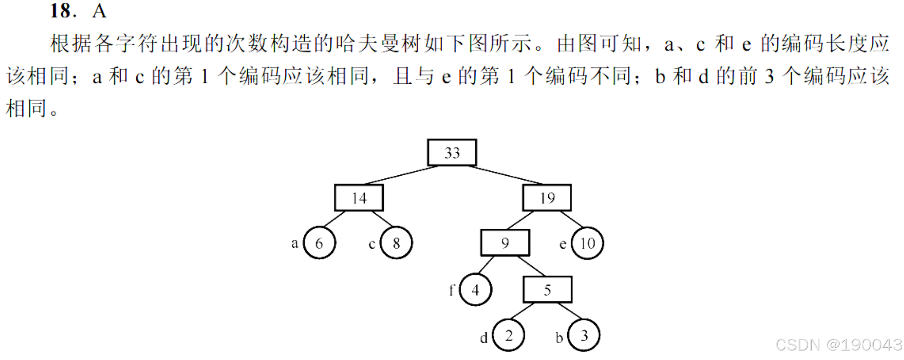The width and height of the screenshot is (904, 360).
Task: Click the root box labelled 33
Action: [452, 153]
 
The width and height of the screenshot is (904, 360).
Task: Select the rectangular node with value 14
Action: [359, 198]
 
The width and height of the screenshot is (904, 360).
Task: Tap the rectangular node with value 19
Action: [547, 198]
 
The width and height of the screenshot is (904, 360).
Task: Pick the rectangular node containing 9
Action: [505, 243]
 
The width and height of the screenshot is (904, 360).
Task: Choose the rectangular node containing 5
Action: [547, 290]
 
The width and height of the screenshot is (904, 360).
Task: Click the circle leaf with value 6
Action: [319, 243]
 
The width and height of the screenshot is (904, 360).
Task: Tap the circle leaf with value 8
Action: [396, 243]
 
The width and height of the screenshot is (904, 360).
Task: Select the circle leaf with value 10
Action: [587, 243]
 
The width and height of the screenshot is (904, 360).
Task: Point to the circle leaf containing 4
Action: [475, 290]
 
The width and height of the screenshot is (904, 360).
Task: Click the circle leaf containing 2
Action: [508, 336]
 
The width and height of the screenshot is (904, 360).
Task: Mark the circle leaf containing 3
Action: [584, 336]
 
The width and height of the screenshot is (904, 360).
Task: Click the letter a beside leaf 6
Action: [295, 244]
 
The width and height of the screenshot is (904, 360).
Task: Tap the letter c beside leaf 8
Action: [372, 245]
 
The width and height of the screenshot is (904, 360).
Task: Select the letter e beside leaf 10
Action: [563, 245]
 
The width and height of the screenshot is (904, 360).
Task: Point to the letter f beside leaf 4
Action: [451, 290]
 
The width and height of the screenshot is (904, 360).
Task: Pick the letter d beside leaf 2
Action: [484, 338]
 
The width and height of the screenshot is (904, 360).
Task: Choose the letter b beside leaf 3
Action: [559, 338]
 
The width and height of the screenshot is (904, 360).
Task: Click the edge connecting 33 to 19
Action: [506, 175]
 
